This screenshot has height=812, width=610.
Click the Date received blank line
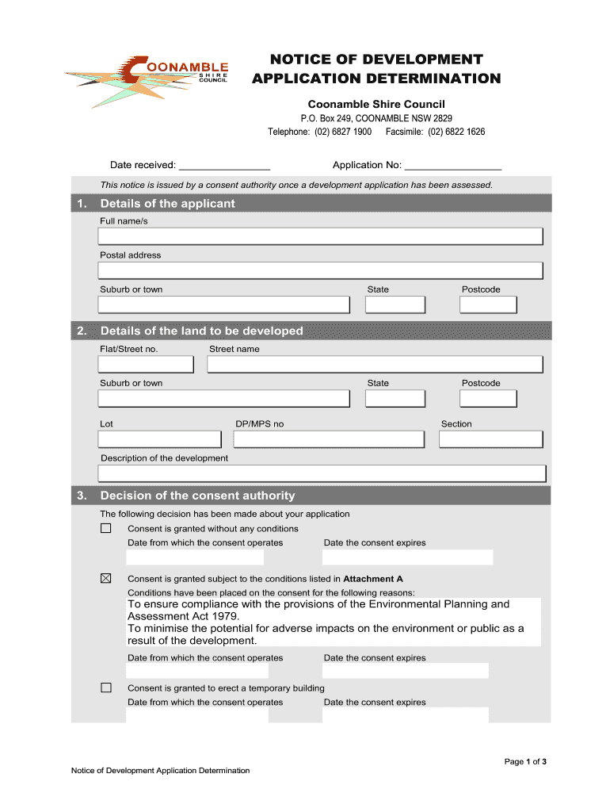[x=224, y=166]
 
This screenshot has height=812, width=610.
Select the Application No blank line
[x=452, y=166]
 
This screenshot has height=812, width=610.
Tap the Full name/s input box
[x=320, y=236]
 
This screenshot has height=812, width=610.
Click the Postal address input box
[x=320, y=270]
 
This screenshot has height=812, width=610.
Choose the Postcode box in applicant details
[x=489, y=304]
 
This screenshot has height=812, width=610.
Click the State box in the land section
[x=395, y=398]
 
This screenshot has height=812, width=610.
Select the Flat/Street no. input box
[x=146, y=364]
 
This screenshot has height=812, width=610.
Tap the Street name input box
[x=375, y=364]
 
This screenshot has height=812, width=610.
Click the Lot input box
[x=159, y=439]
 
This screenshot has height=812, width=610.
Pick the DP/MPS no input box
[x=330, y=439]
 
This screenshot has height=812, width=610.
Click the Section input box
[x=490, y=439]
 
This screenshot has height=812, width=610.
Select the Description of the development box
[x=322, y=473]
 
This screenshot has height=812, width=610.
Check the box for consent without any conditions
[x=106, y=528]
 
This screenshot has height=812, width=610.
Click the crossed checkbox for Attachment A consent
[x=106, y=578]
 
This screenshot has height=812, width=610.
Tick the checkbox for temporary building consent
[x=106, y=688]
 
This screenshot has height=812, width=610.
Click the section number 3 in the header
[x=82, y=496]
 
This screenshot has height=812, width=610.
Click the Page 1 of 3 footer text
[x=525, y=762]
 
